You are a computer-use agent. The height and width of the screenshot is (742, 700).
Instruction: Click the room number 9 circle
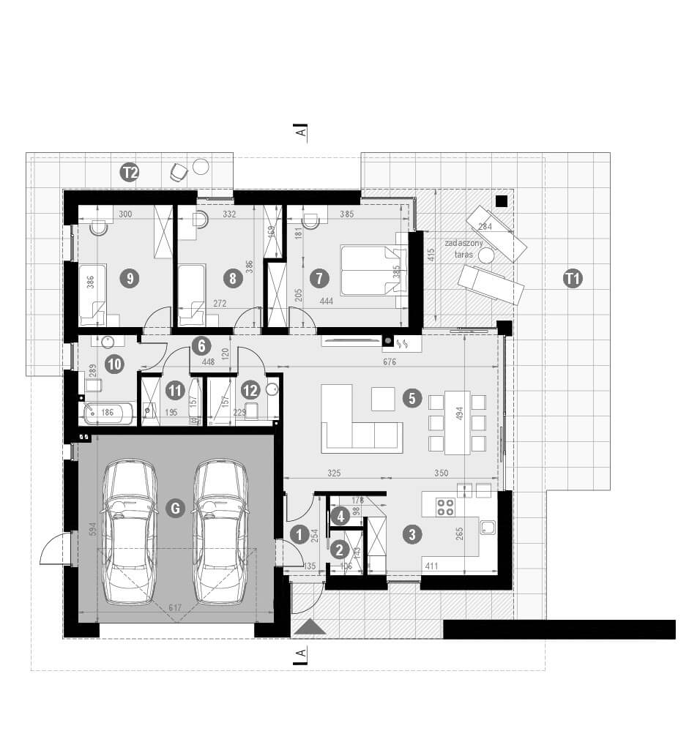(130, 278)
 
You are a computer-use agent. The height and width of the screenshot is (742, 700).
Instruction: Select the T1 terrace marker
(573, 277)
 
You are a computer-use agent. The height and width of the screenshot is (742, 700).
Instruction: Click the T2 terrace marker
(130, 173)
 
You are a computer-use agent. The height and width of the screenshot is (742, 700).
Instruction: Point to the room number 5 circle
(412, 398)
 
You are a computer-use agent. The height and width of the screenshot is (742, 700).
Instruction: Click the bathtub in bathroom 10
(107, 413)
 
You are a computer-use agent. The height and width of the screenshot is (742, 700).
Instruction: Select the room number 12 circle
(250, 390)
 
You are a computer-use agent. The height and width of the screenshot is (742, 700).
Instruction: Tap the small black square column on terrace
(501, 201)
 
